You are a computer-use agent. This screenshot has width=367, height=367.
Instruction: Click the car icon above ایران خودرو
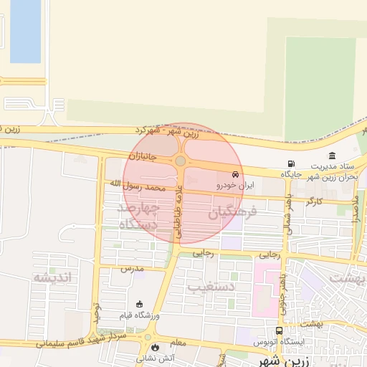[x=235, y=174]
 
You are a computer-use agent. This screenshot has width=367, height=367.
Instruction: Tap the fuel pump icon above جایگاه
[x=290, y=164]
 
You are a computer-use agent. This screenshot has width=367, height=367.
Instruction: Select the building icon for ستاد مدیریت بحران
[x=332, y=156]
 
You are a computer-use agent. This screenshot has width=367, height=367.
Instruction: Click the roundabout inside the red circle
[x=180, y=161]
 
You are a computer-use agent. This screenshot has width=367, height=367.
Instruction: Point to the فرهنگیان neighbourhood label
[x=232, y=213]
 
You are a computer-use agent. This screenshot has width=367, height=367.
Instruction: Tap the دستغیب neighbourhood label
[x=212, y=287]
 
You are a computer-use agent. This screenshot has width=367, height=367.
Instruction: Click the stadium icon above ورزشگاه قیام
[x=139, y=304]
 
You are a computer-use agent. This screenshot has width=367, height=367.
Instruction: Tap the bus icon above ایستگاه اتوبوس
[x=279, y=331]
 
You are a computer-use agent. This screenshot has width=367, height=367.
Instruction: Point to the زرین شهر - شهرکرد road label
[x=167, y=131]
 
